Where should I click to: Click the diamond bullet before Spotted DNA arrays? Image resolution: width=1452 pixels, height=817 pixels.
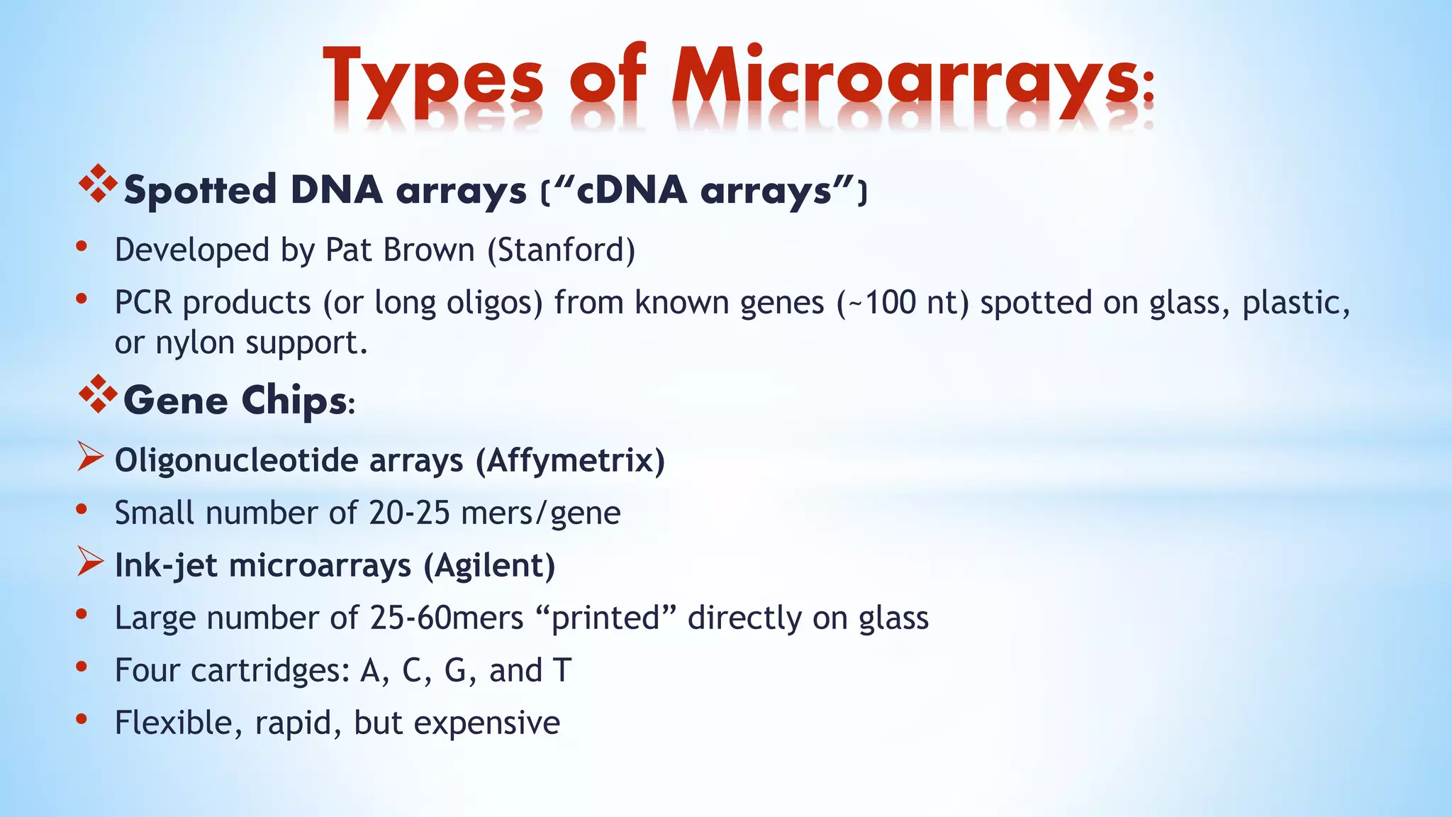coord(98,184)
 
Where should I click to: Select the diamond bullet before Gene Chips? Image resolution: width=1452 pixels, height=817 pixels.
coord(98,394)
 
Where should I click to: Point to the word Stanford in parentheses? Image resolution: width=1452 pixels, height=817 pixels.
coord(561,250)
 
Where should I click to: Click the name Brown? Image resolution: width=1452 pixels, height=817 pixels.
coord(428,250)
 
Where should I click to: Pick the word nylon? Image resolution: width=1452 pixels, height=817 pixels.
coord(195,343)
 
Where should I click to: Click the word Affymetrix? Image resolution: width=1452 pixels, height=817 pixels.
coord(570,461)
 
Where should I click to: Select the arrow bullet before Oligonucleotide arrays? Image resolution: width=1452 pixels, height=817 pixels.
coord(90,457)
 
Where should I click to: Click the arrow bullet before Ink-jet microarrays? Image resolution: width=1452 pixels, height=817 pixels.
coord(90,562)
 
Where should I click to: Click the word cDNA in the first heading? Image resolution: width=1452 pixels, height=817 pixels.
coord(631,190)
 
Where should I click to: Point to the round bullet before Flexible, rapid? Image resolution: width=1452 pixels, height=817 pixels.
coord(82,719)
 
